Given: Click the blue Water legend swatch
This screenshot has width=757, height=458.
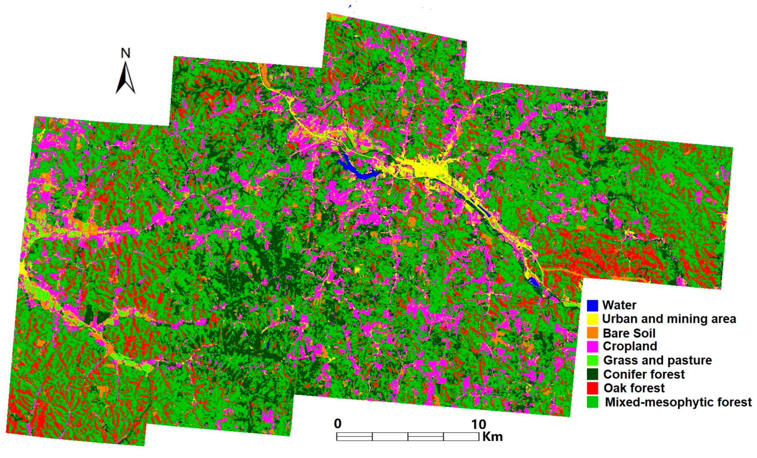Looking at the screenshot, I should [x=592, y=305].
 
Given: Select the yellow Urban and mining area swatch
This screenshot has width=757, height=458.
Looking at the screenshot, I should [x=592, y=319].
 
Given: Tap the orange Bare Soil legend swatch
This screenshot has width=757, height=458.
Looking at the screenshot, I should [x=592, y=333].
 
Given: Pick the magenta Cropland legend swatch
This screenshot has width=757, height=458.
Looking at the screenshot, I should [x=592, y=346].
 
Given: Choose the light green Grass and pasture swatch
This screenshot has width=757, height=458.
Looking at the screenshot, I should [x=592, y=360].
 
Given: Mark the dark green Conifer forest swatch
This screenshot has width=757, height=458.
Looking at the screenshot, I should [x=592, y=374].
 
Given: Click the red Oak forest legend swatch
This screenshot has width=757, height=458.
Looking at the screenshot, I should [x=592, y=388].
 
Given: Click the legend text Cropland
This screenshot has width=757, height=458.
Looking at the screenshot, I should [x=630, y=346].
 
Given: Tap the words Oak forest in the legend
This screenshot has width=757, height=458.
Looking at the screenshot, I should [x=634, y=388].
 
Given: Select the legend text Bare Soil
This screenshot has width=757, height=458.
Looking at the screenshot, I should [x=629, y=333].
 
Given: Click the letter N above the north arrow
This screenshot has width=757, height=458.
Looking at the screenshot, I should [x=125, y=53].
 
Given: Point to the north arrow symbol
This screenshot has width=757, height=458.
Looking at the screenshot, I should [x=125, y=79].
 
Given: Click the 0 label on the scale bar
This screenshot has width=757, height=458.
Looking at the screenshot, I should [x=338, y=424].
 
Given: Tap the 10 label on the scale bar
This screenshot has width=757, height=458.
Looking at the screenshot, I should [x=479, y=424].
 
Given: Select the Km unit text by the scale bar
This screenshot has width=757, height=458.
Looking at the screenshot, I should [x=492, y=436].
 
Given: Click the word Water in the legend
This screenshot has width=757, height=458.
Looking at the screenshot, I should [x=619, y=305].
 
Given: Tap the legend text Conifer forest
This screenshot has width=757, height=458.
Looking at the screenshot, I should [x=644, y=374].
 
